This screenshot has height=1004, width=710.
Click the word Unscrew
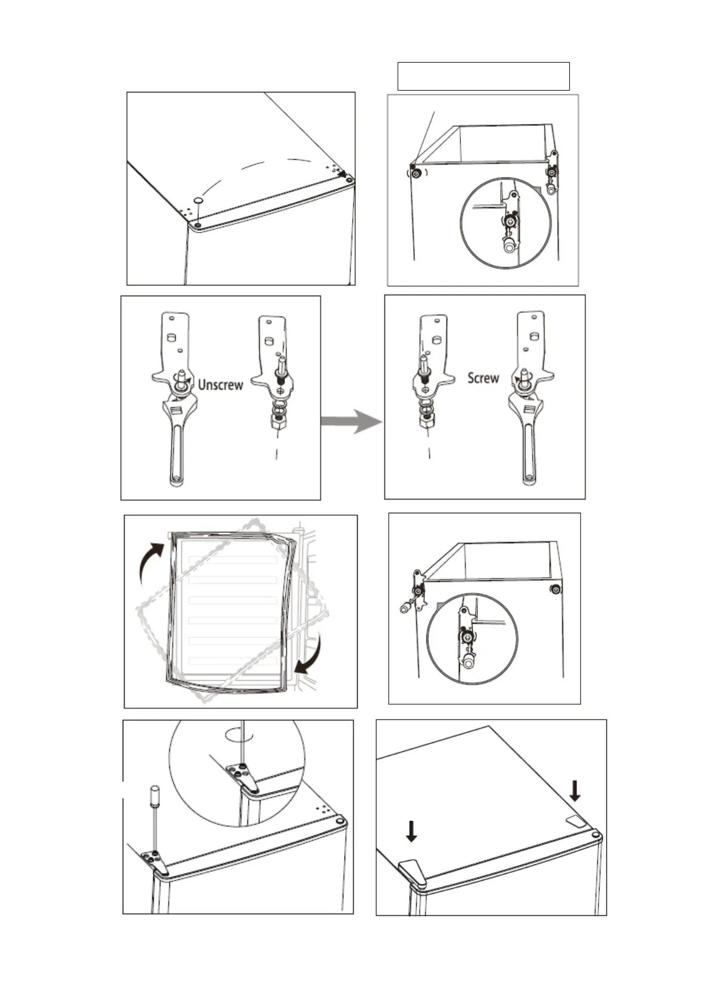220,385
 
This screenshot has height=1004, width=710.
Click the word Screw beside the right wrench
483,377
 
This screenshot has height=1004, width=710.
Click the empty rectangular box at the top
483,76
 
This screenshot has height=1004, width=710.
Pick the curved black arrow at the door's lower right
311,655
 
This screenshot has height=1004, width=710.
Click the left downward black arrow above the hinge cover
411,831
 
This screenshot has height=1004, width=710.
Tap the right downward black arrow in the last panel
575,791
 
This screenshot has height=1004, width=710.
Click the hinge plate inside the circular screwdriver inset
243,775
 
